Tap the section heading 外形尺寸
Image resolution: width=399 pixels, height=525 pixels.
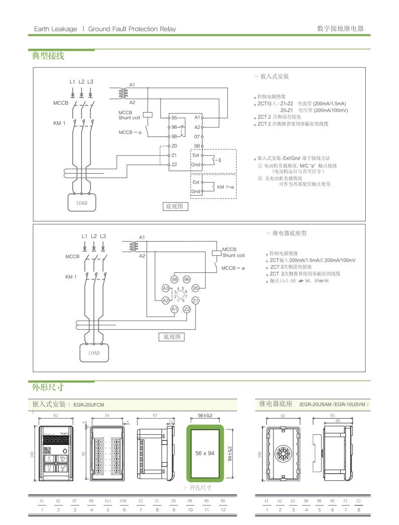click(x=48, y=388)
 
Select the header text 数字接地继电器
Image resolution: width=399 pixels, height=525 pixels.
click(x=340, y=28)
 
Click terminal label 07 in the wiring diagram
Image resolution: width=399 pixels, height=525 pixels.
click(x=197, y=136)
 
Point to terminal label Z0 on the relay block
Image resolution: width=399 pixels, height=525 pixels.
click(x=174, y=145)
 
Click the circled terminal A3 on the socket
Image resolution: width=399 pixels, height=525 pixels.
click(x=165, y=288)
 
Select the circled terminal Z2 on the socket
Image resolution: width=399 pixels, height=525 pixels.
click(x=187, y=309)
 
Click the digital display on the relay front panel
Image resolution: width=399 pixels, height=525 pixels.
click(x=56, y=438)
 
